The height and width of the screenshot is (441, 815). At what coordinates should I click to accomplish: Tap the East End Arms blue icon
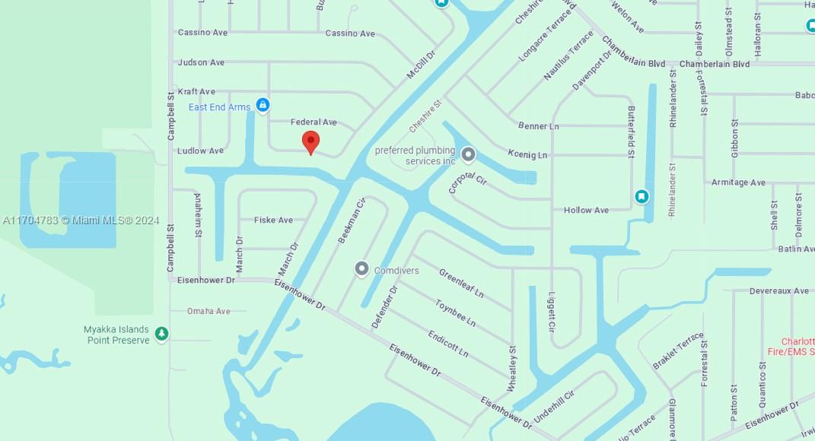(263, 105)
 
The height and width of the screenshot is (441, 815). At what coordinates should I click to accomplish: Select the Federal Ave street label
(314, 122)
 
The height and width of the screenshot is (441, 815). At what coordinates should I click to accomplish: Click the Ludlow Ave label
(200, 151)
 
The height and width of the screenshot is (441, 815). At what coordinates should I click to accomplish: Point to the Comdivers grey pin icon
(361, 269)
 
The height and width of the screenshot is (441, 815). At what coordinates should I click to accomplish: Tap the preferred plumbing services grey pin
(469, 155)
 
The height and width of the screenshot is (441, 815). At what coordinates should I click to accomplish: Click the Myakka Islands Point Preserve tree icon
(161, 334)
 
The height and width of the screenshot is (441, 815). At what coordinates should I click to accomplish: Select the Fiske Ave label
(273, 220)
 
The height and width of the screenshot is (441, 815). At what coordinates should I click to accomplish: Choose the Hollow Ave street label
(586, 211)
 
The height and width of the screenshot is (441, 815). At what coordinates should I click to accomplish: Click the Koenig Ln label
(527, 155)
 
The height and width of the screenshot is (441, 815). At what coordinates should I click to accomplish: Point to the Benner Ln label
(538, 126)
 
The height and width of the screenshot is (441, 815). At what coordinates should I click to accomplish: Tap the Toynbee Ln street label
(455, 313)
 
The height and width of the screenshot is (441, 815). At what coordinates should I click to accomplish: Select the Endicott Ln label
(447, 344)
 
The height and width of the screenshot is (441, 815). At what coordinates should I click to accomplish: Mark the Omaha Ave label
(209, 312)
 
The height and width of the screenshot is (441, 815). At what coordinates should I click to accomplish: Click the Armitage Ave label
(738, 183)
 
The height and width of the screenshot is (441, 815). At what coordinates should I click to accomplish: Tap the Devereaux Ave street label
(778, 291)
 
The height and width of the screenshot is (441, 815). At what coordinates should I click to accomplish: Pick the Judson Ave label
(201, 63)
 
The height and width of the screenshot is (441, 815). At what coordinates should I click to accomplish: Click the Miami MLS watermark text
(81, 220)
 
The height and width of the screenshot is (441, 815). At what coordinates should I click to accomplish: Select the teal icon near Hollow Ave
(641, 197)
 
